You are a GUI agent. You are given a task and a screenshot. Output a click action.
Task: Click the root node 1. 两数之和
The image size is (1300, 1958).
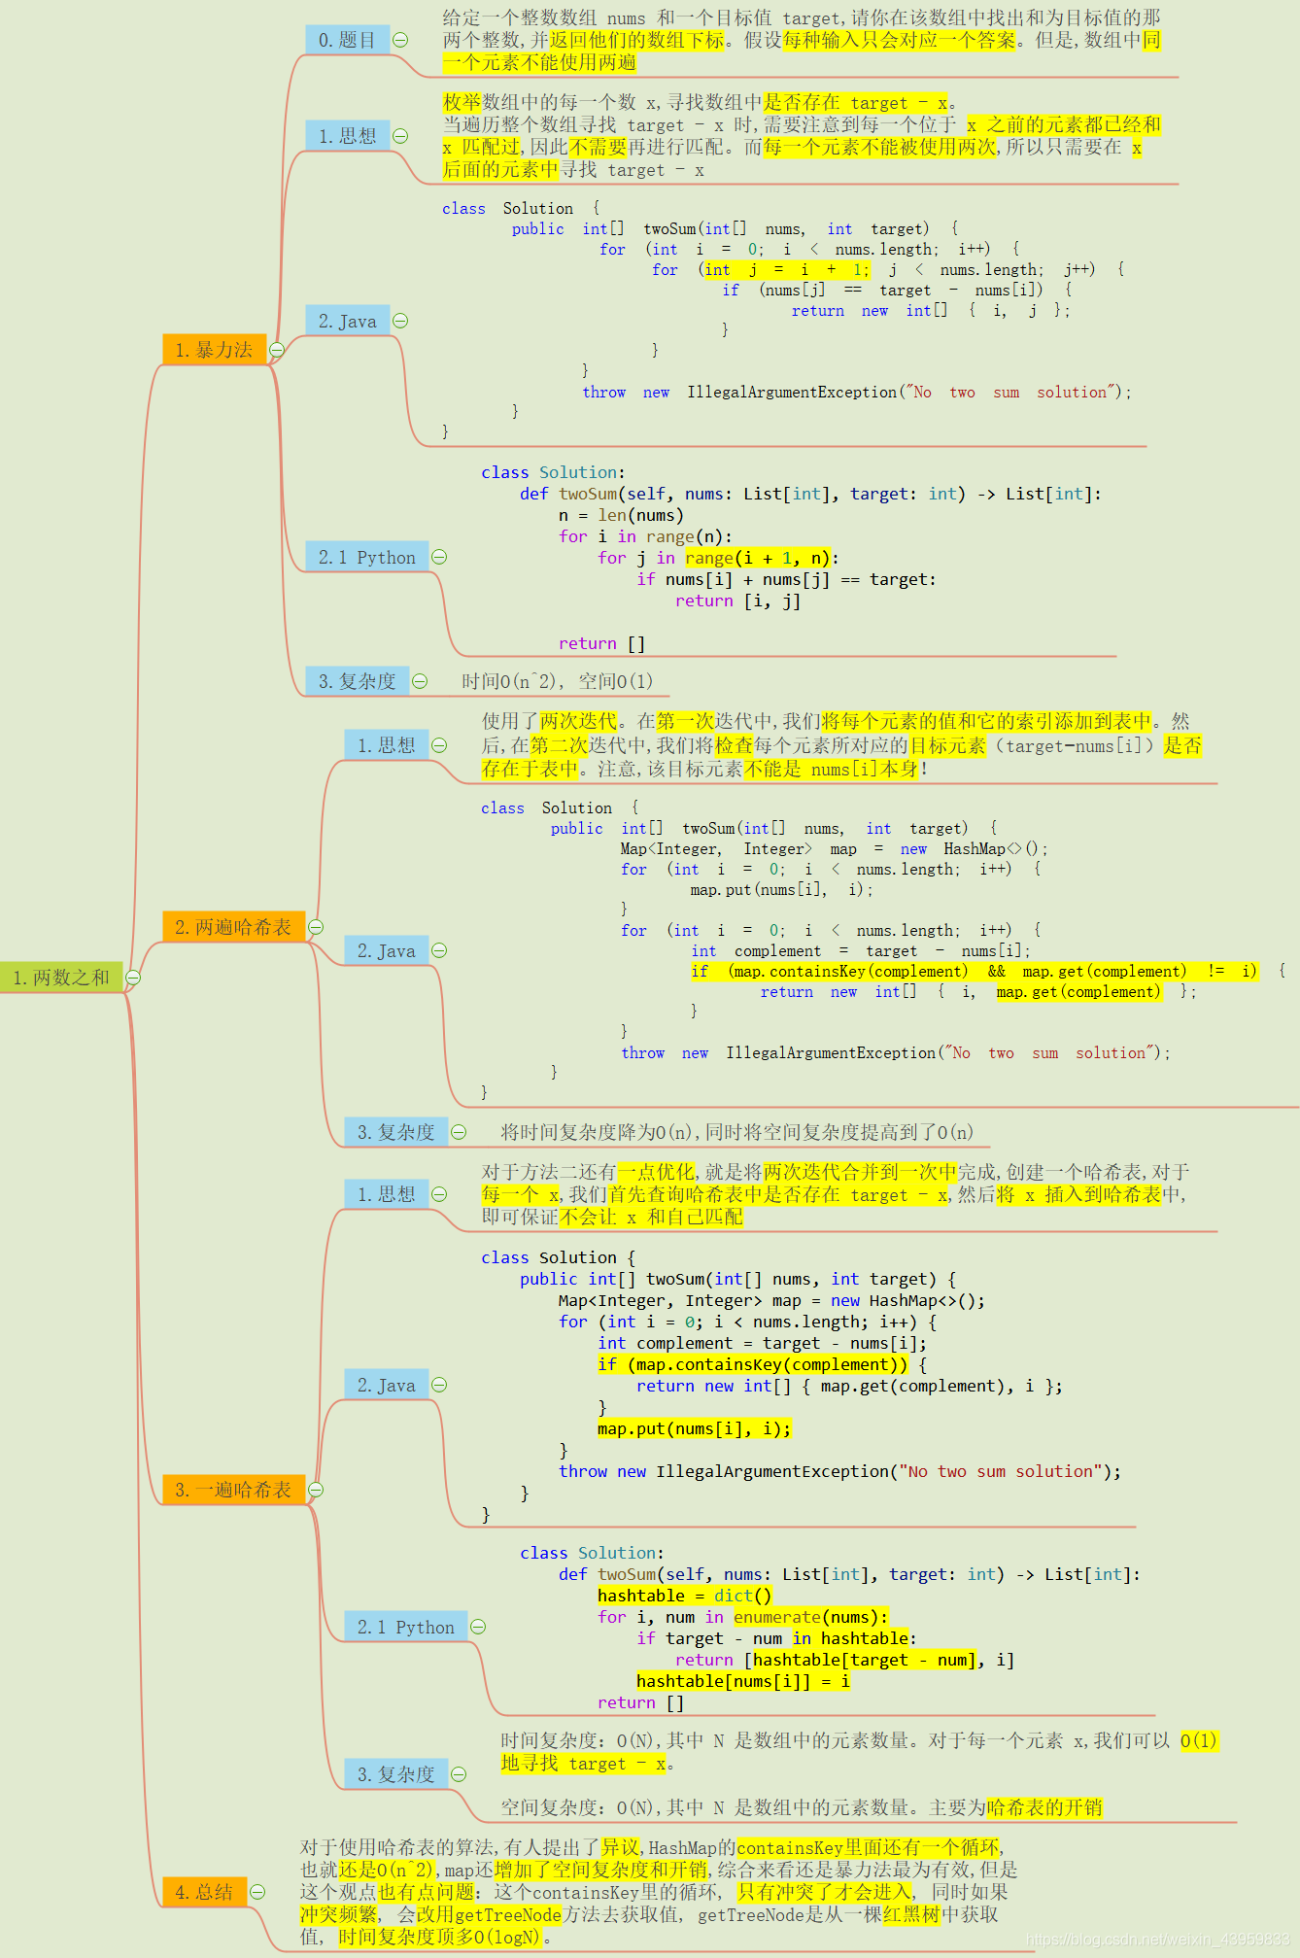coord(62,978)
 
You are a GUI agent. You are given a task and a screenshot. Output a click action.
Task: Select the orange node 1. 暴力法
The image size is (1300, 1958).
coord(214,350)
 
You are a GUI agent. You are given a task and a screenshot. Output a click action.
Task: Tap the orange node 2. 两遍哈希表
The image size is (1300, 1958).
coord(233,927)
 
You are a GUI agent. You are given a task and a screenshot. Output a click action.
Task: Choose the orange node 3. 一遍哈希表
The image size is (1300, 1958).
coord(233,1490)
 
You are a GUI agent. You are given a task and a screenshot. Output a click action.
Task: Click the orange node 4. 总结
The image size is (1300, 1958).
coord(204,1892)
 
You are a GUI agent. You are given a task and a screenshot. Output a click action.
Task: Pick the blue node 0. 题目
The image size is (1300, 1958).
coord(347,40)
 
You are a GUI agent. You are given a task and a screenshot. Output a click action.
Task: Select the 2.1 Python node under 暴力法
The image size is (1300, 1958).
coord(366,557)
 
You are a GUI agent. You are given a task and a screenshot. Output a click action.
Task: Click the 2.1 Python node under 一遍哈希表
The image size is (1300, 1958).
coord(405,1627)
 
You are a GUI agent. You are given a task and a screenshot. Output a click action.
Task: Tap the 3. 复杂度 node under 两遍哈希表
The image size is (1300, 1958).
coord(395,1132)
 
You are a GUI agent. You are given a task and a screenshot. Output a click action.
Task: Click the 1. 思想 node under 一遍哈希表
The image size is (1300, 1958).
coord(386,1194)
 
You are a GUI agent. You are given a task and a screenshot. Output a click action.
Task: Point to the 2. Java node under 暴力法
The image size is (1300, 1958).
coord(347,321)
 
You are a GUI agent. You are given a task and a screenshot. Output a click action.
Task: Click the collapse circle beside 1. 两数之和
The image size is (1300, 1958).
coord(133,978)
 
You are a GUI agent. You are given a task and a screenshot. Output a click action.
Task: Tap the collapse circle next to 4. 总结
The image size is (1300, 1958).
coord(257,1892)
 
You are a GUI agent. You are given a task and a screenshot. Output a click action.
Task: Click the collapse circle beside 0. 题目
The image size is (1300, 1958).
coord(400,40)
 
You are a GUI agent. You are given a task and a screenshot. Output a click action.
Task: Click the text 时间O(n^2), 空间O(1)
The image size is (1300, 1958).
coord(558,681)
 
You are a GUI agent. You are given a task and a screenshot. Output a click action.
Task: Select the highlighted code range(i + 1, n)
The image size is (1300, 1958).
coord(758,558)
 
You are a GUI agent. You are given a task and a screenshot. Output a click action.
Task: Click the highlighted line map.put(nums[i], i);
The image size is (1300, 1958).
coord(694,1428)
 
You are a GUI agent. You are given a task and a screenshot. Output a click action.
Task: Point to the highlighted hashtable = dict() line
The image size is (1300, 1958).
coord(684,1596)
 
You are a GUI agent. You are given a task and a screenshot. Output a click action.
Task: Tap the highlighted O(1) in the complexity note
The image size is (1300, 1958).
coord(1199,1740)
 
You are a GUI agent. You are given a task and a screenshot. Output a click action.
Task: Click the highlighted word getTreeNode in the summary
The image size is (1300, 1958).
coord(507,1914)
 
